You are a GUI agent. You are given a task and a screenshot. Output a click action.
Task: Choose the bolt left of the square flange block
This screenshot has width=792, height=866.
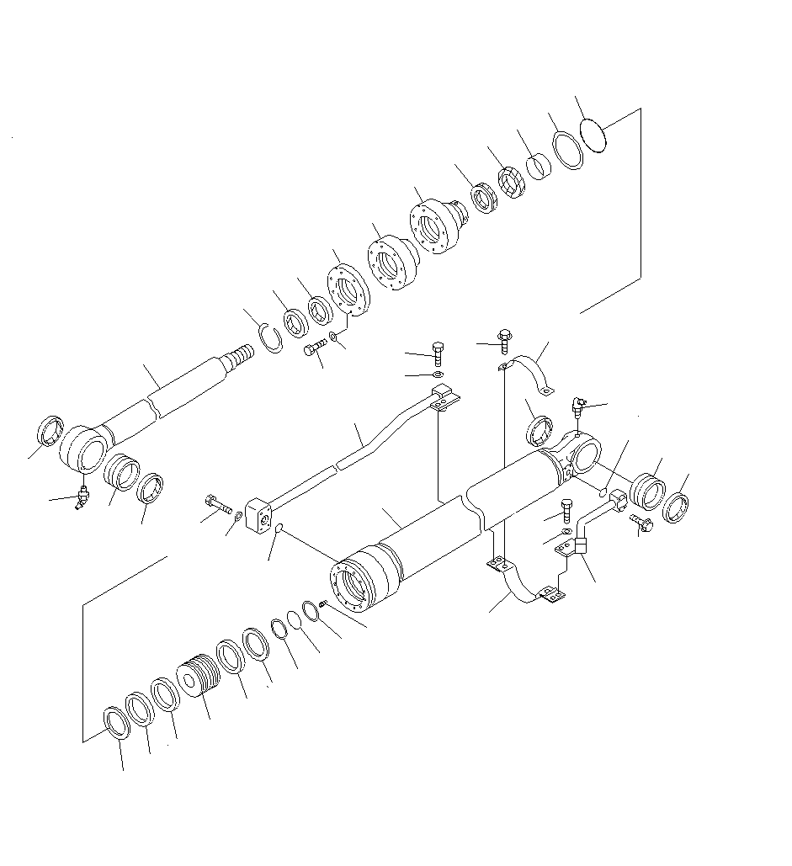click(218, 507)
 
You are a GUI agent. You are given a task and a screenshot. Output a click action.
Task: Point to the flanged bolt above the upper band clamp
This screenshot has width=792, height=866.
click(503, 341)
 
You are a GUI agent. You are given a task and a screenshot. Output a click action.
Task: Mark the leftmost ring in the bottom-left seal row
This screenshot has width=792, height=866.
click(114, 722)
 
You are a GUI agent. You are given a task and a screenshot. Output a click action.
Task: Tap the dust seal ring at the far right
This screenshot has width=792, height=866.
click(677, 508)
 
